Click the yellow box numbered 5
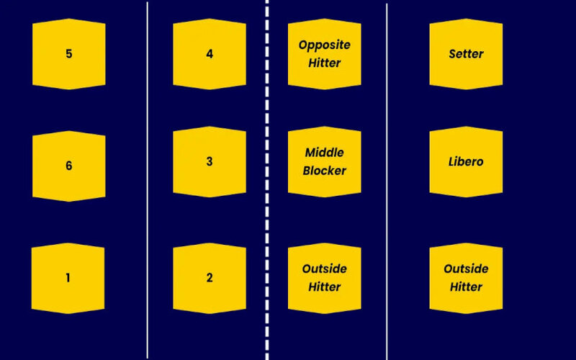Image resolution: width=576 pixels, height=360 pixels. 68,54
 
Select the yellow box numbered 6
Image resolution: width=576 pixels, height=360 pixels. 68,166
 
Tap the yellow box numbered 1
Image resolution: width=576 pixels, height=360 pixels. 68,278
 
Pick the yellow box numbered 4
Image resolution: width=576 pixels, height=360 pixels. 210,54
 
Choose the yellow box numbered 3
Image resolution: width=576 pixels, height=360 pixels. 210,161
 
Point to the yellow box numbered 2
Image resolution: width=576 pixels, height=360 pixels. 210,278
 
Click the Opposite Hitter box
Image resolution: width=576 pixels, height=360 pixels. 324,54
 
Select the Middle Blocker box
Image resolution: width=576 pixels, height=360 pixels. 324,161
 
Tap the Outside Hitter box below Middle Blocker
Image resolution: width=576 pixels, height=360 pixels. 324,278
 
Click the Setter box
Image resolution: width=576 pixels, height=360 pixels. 466,54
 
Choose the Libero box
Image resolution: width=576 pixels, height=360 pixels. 466,161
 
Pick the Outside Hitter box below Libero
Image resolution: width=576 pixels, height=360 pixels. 466,278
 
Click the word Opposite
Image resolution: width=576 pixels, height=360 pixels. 324,45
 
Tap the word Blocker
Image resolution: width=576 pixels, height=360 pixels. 324,171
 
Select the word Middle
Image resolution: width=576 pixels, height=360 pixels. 324,153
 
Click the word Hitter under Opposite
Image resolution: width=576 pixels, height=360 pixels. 324,63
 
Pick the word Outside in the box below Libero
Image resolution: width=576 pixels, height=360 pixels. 466,269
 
